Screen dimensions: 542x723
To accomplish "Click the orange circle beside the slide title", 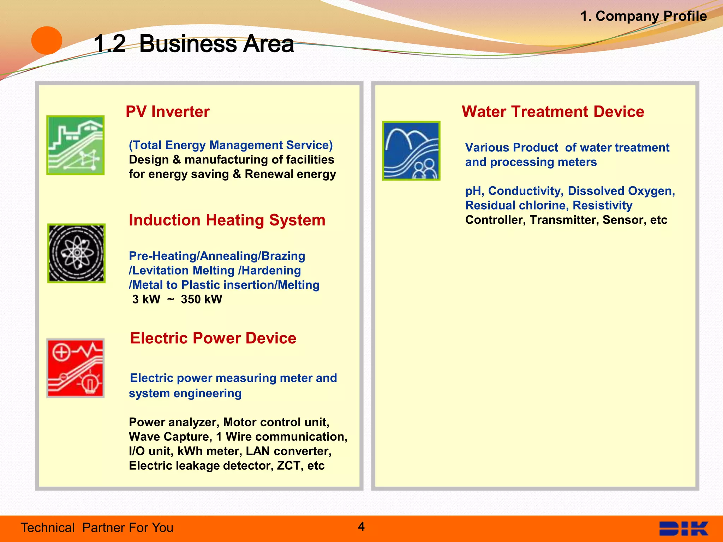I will (x=47, y=41).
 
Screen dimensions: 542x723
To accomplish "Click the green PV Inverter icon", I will (x=76, y=145).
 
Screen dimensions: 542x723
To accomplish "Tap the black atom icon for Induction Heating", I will (x=77, y=253).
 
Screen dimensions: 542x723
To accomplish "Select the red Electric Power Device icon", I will (x=76, y=368).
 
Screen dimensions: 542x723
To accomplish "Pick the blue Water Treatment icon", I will (x=411, y=151).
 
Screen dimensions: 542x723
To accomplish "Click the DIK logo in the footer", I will (x=684, y=529).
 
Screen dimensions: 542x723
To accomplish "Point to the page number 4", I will (x=361, y=526).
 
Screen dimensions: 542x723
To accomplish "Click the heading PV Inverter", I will (x=168, y=112).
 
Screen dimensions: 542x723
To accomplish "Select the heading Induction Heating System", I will (x=227, y=220).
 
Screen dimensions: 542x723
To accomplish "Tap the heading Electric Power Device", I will (x=213, y=338).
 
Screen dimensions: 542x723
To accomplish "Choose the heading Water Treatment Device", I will (x=553, y=112).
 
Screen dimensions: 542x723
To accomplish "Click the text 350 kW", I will (x=201, y=300).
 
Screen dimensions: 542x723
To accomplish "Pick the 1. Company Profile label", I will (x=643, y=16).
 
